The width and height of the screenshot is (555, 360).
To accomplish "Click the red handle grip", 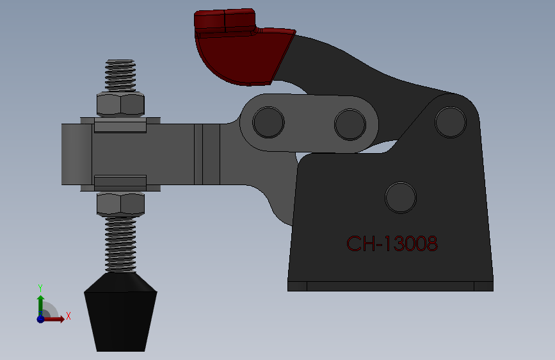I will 243,54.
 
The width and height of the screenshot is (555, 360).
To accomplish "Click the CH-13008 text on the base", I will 392,243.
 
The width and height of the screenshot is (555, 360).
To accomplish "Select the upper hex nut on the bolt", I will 120,104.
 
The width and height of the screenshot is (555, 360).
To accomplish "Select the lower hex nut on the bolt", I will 120,204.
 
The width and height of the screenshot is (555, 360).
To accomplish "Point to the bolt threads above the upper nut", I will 120,76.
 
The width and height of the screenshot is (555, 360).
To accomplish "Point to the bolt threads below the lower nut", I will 120,243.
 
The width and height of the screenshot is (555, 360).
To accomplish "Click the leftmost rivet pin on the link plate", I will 268,122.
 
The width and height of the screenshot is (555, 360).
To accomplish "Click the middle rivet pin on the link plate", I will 349,124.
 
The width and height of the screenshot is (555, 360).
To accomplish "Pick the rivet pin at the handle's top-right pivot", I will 450,121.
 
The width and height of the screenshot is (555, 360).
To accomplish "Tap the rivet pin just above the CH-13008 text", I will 401,197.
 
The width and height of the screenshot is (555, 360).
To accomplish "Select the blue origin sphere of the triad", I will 40,318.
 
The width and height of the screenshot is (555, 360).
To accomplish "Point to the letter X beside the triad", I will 68,316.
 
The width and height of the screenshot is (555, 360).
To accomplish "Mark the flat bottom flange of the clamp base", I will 390,286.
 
